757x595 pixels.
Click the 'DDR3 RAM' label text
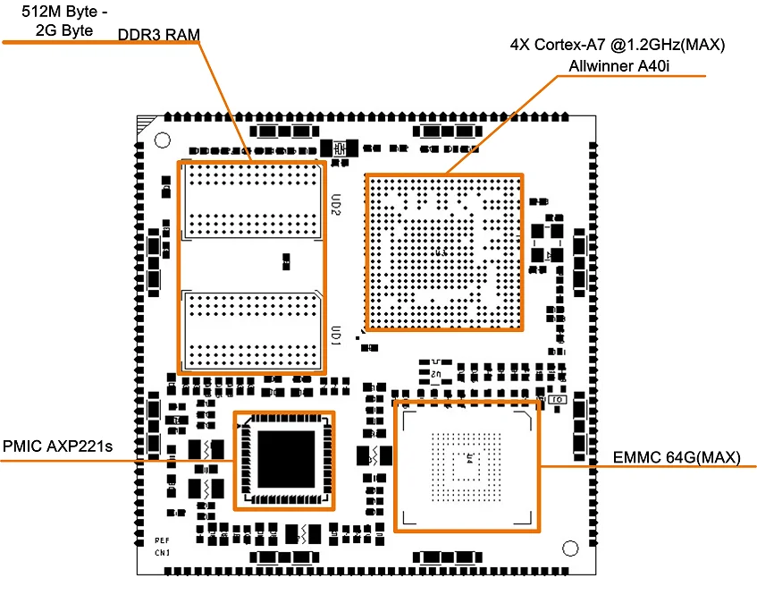159,34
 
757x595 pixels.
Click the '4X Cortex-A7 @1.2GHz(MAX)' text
617,45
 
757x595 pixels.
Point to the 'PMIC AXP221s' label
58,445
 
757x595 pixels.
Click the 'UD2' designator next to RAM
335,207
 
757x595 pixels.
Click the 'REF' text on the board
162,540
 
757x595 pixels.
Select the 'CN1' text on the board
162,553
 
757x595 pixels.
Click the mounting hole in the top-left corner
162,140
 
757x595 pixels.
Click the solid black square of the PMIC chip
285,460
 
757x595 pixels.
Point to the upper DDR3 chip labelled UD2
252,202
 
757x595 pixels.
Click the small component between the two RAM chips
285,260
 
